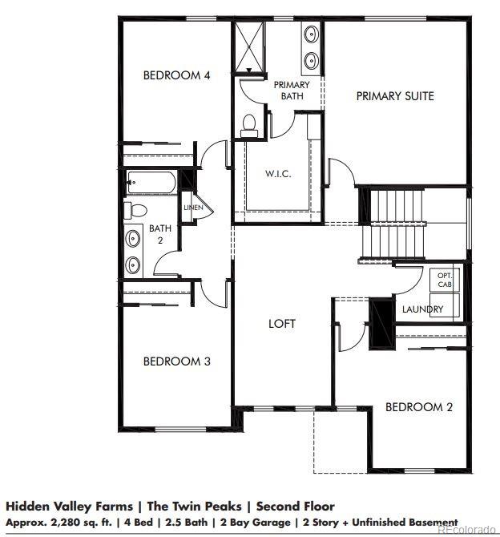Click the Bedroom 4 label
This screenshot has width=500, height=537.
click(176, 75)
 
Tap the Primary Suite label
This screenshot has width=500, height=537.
click(395, 96)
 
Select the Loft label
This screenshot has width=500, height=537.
click(281, 324)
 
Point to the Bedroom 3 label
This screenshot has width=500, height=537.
click(176, 361)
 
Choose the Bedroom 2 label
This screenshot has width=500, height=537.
click(419, 407)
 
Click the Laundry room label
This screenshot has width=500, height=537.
click(423, 309)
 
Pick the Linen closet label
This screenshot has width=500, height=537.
click(194, 208)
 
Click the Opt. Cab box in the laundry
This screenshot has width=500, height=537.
click(445, 280)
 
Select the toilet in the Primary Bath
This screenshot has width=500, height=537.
click(249, 124)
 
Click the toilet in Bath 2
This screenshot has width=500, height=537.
click(135, 210)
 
